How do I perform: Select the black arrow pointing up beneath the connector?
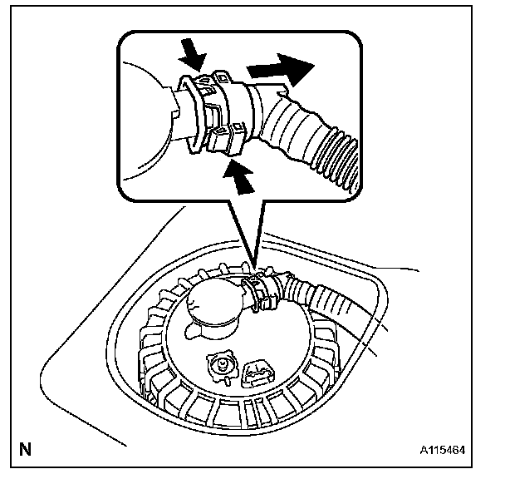click(x=241, y=176)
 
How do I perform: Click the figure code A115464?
click(x=441, y=451)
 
